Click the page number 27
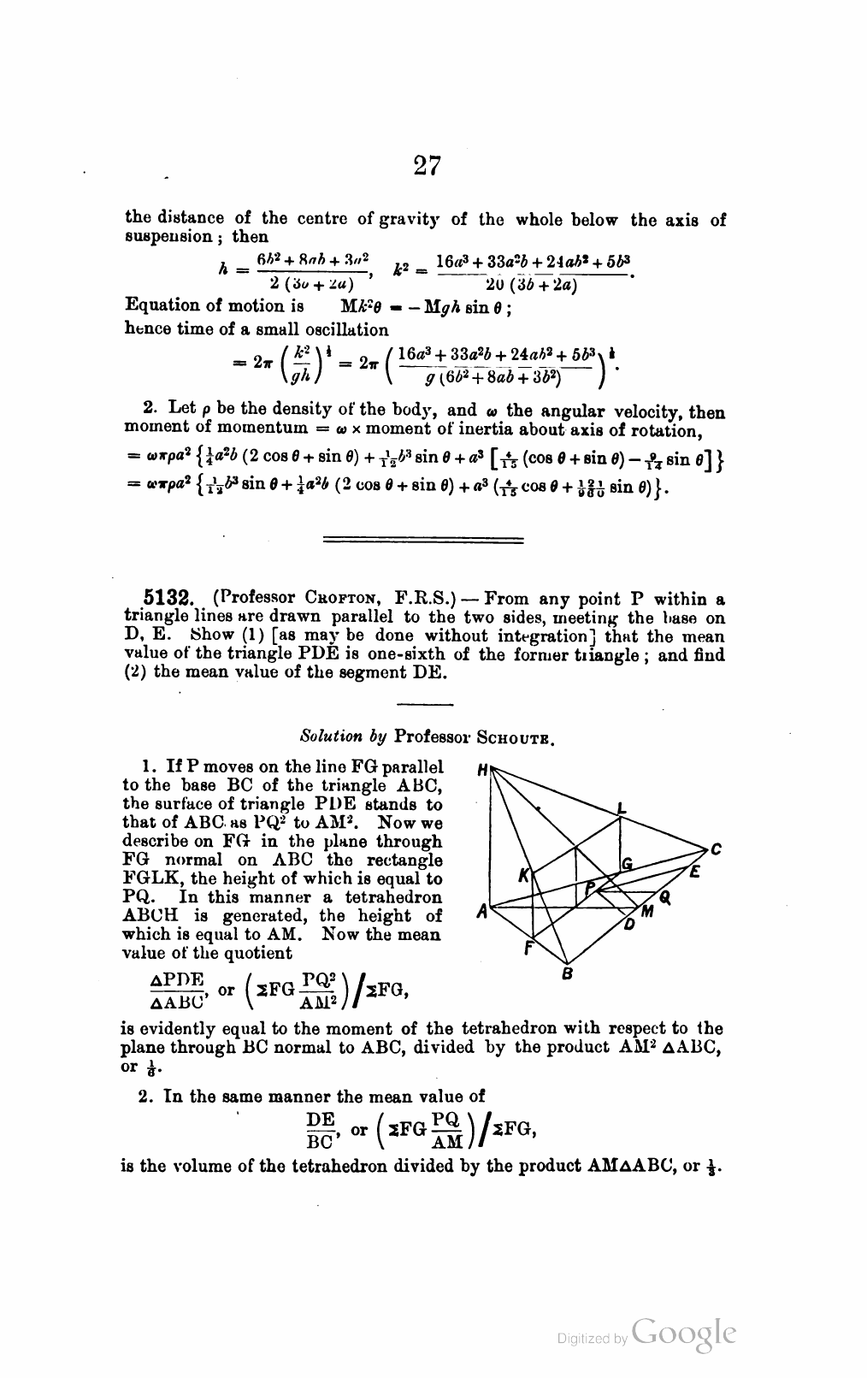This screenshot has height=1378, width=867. (427, 164)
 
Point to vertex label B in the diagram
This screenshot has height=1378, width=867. (566, 973)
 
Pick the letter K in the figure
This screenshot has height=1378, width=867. (524, 876)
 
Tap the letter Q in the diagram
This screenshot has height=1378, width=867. (664, 897)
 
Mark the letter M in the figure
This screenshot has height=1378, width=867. (647, 913)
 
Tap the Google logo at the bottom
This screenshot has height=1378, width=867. (684, 1334)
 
